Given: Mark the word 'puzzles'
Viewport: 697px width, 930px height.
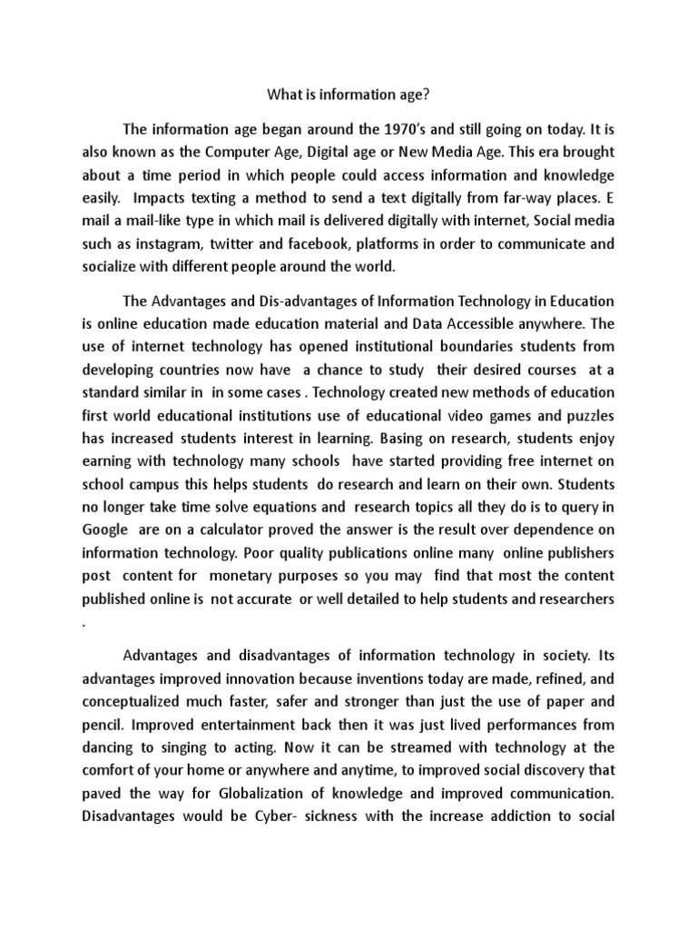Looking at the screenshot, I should coord(589,416).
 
